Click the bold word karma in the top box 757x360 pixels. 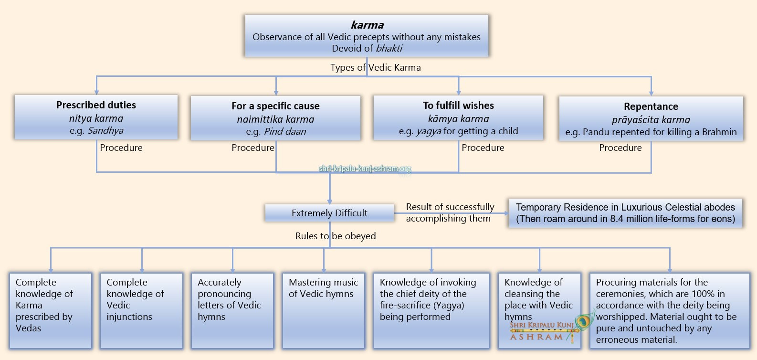(367, 25)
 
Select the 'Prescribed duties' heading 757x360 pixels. (96, 105)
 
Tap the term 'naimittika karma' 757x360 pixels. (275, 119)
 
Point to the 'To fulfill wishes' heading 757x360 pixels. (458, 106)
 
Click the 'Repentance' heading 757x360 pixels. (651, 106)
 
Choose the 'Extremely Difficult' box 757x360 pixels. (329, 213)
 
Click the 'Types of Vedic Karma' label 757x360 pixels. (376, 67)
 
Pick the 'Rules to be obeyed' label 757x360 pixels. (336, 236)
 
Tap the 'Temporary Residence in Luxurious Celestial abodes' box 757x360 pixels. (625, 213)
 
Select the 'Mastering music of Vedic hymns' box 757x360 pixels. (324, 310)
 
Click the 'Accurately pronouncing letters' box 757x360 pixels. (232, 310)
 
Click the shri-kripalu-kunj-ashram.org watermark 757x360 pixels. (365, 169)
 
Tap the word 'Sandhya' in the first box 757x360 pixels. (105, 131)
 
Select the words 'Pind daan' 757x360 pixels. (285, 132)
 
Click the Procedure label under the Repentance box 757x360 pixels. (620, 148)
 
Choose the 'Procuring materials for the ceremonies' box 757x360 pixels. (669, 310)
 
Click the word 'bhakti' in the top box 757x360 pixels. (389, 48)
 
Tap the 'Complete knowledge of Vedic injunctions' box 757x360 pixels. (141, 310)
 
